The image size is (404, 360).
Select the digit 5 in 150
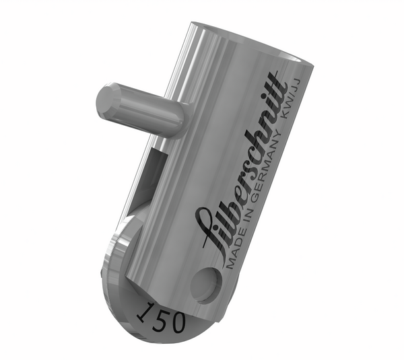coord(159,317)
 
